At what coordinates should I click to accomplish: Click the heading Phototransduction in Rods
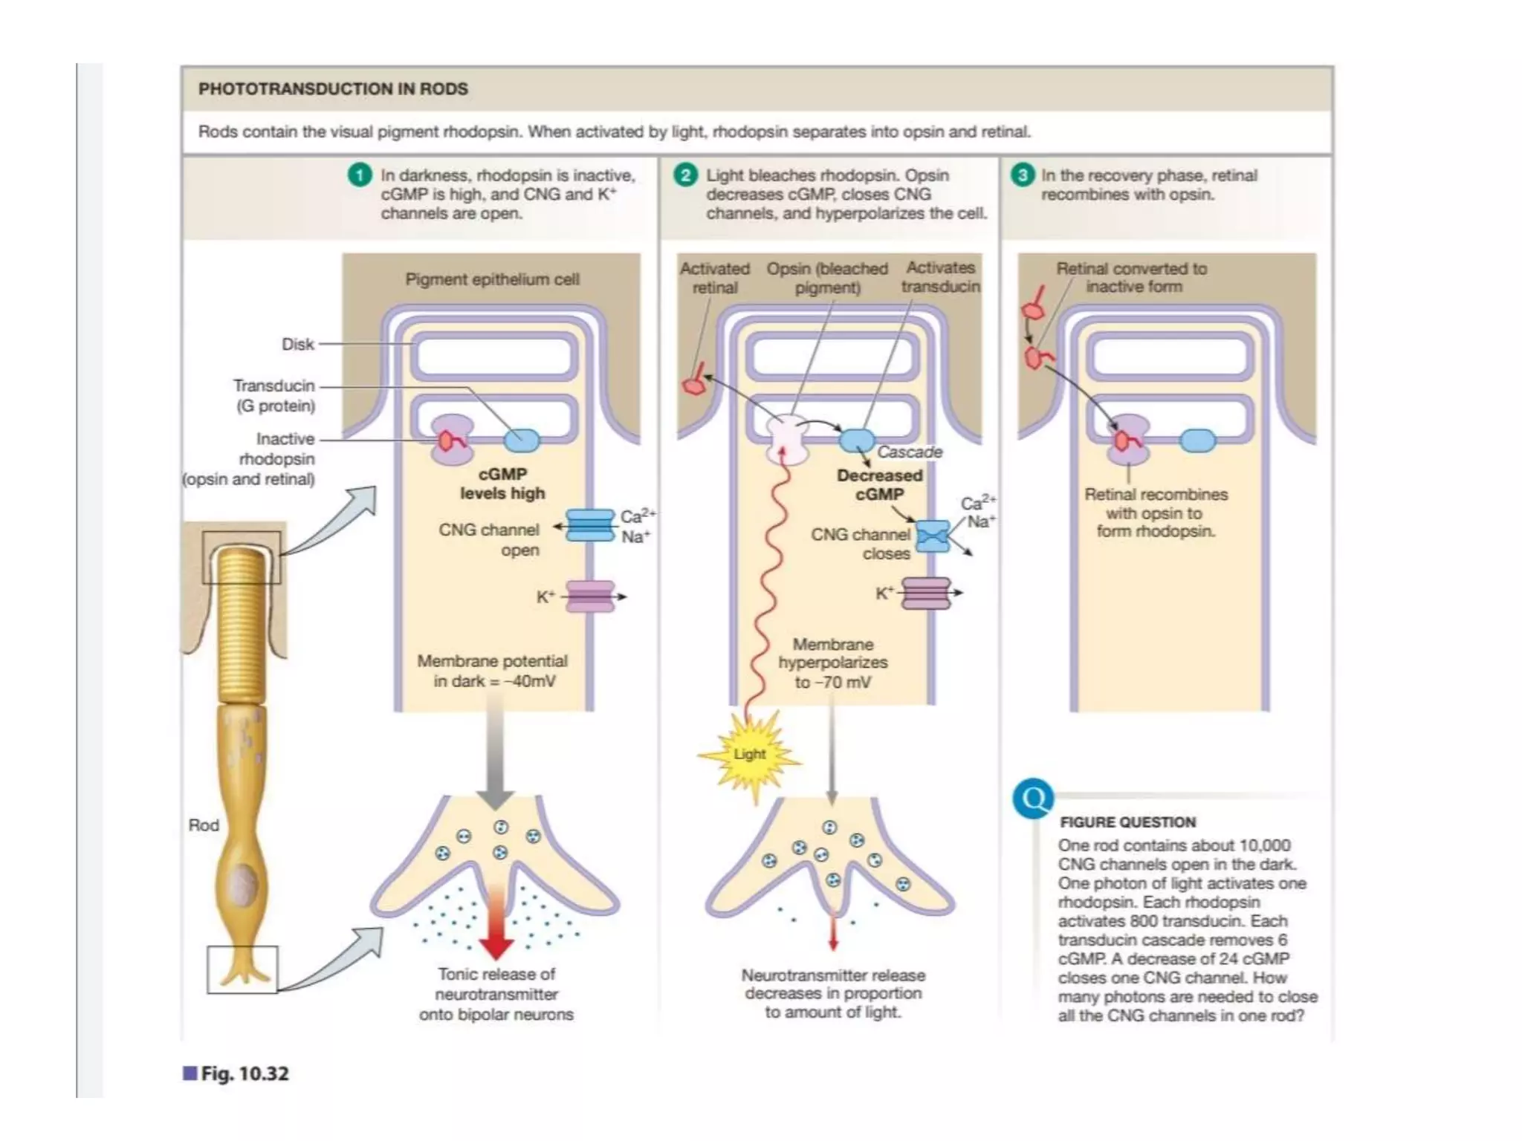click(x=333, y=89)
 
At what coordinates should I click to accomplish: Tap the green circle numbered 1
click(x=360, y=175)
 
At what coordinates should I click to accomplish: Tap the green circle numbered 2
click(x=685, y=175)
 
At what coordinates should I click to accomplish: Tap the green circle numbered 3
click(x=1023, y=175)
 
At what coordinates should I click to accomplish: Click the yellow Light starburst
click(x=749, y=755)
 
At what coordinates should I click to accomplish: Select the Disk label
click(x=297, y=345)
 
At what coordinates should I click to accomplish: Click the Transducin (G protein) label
click(x=274, y=395)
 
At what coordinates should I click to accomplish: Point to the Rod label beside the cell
click(x=204, y=825)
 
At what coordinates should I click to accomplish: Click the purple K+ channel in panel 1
click(x=590, y=596)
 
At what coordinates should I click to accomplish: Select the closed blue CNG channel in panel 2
click(x=933, y=536)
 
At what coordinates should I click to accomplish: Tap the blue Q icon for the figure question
click(x=1033, y=799)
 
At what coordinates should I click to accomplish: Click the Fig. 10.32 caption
click(x=244, y=1073)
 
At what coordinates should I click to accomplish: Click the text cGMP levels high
click(x=502, y=484)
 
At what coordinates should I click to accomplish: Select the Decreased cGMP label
click(x=879, y=484)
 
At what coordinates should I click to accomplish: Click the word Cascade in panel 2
click(x=910, y=452)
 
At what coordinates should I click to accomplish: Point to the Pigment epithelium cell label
click(x=492, y=279)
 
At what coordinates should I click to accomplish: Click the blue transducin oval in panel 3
click(x=1197, y=441)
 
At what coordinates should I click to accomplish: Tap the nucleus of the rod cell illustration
click(x=243, y=886)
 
